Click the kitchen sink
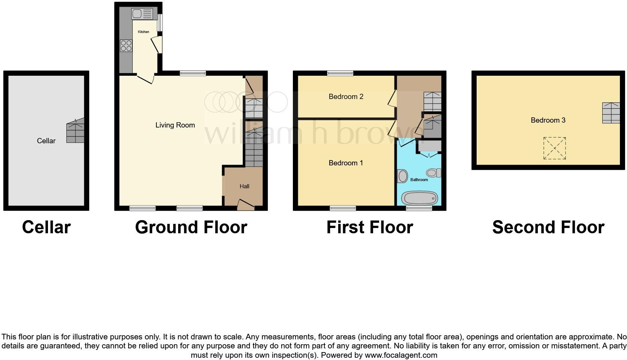142,14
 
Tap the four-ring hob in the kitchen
126,46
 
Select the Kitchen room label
144,32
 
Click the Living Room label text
175,125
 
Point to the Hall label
244,186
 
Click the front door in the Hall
246,205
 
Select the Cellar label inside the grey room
46,141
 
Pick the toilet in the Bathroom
433,173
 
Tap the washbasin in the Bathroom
402,176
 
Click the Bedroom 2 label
346,97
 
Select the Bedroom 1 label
346,163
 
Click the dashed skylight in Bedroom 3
554,148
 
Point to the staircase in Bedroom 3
611,113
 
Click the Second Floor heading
548,227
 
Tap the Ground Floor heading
191,227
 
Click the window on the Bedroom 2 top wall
340,73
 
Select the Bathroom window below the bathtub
419,208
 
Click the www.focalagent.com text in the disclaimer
401,355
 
